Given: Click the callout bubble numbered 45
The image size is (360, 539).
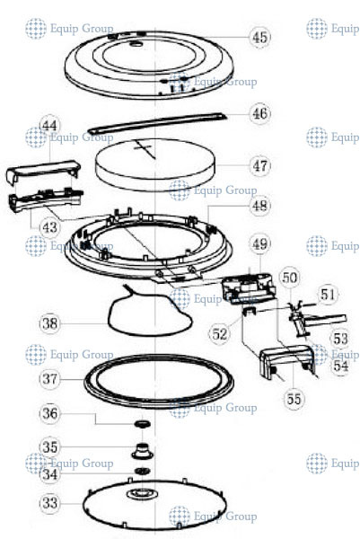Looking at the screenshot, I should [259, 37].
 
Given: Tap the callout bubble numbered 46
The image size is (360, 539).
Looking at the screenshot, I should [259, 114].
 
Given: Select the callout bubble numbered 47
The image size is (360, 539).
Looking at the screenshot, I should [259, 166].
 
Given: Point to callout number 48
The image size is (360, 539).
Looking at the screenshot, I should [259, 205].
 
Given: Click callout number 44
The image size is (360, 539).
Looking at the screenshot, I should [50, 126].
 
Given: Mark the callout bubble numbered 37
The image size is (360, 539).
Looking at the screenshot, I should [50, 379].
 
